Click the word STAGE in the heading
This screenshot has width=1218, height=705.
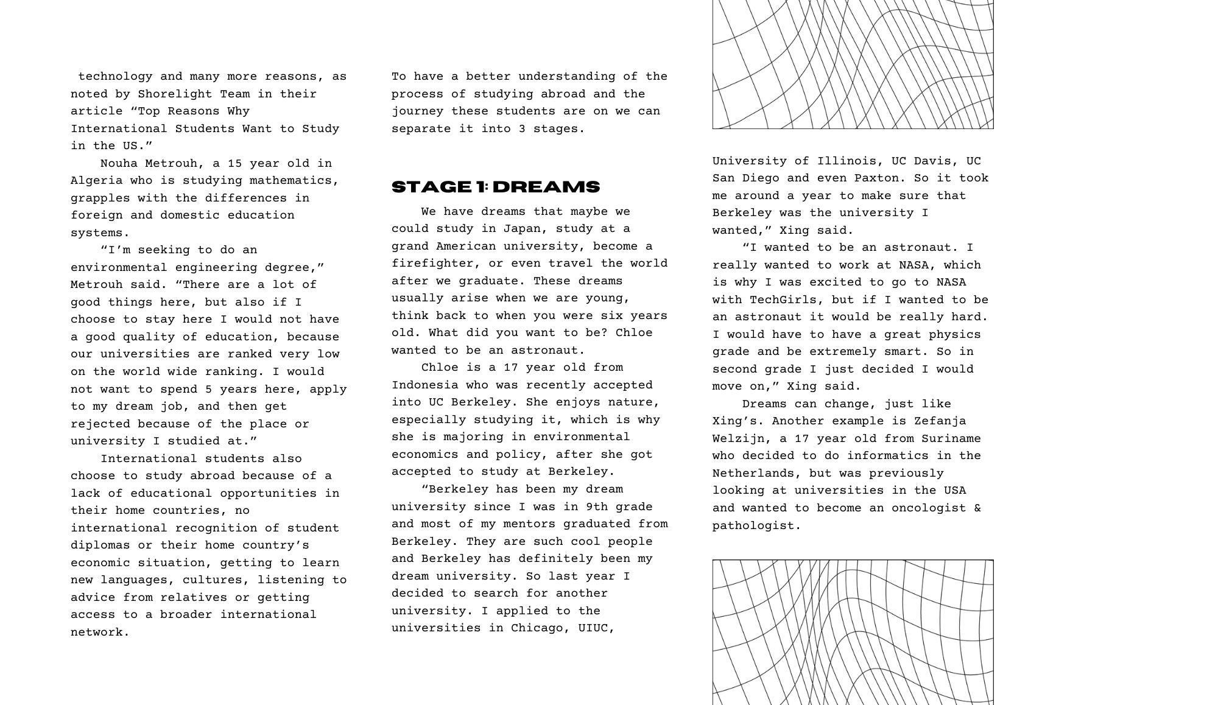431,187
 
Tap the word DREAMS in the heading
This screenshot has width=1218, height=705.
546,187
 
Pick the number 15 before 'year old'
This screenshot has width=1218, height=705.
235,163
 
